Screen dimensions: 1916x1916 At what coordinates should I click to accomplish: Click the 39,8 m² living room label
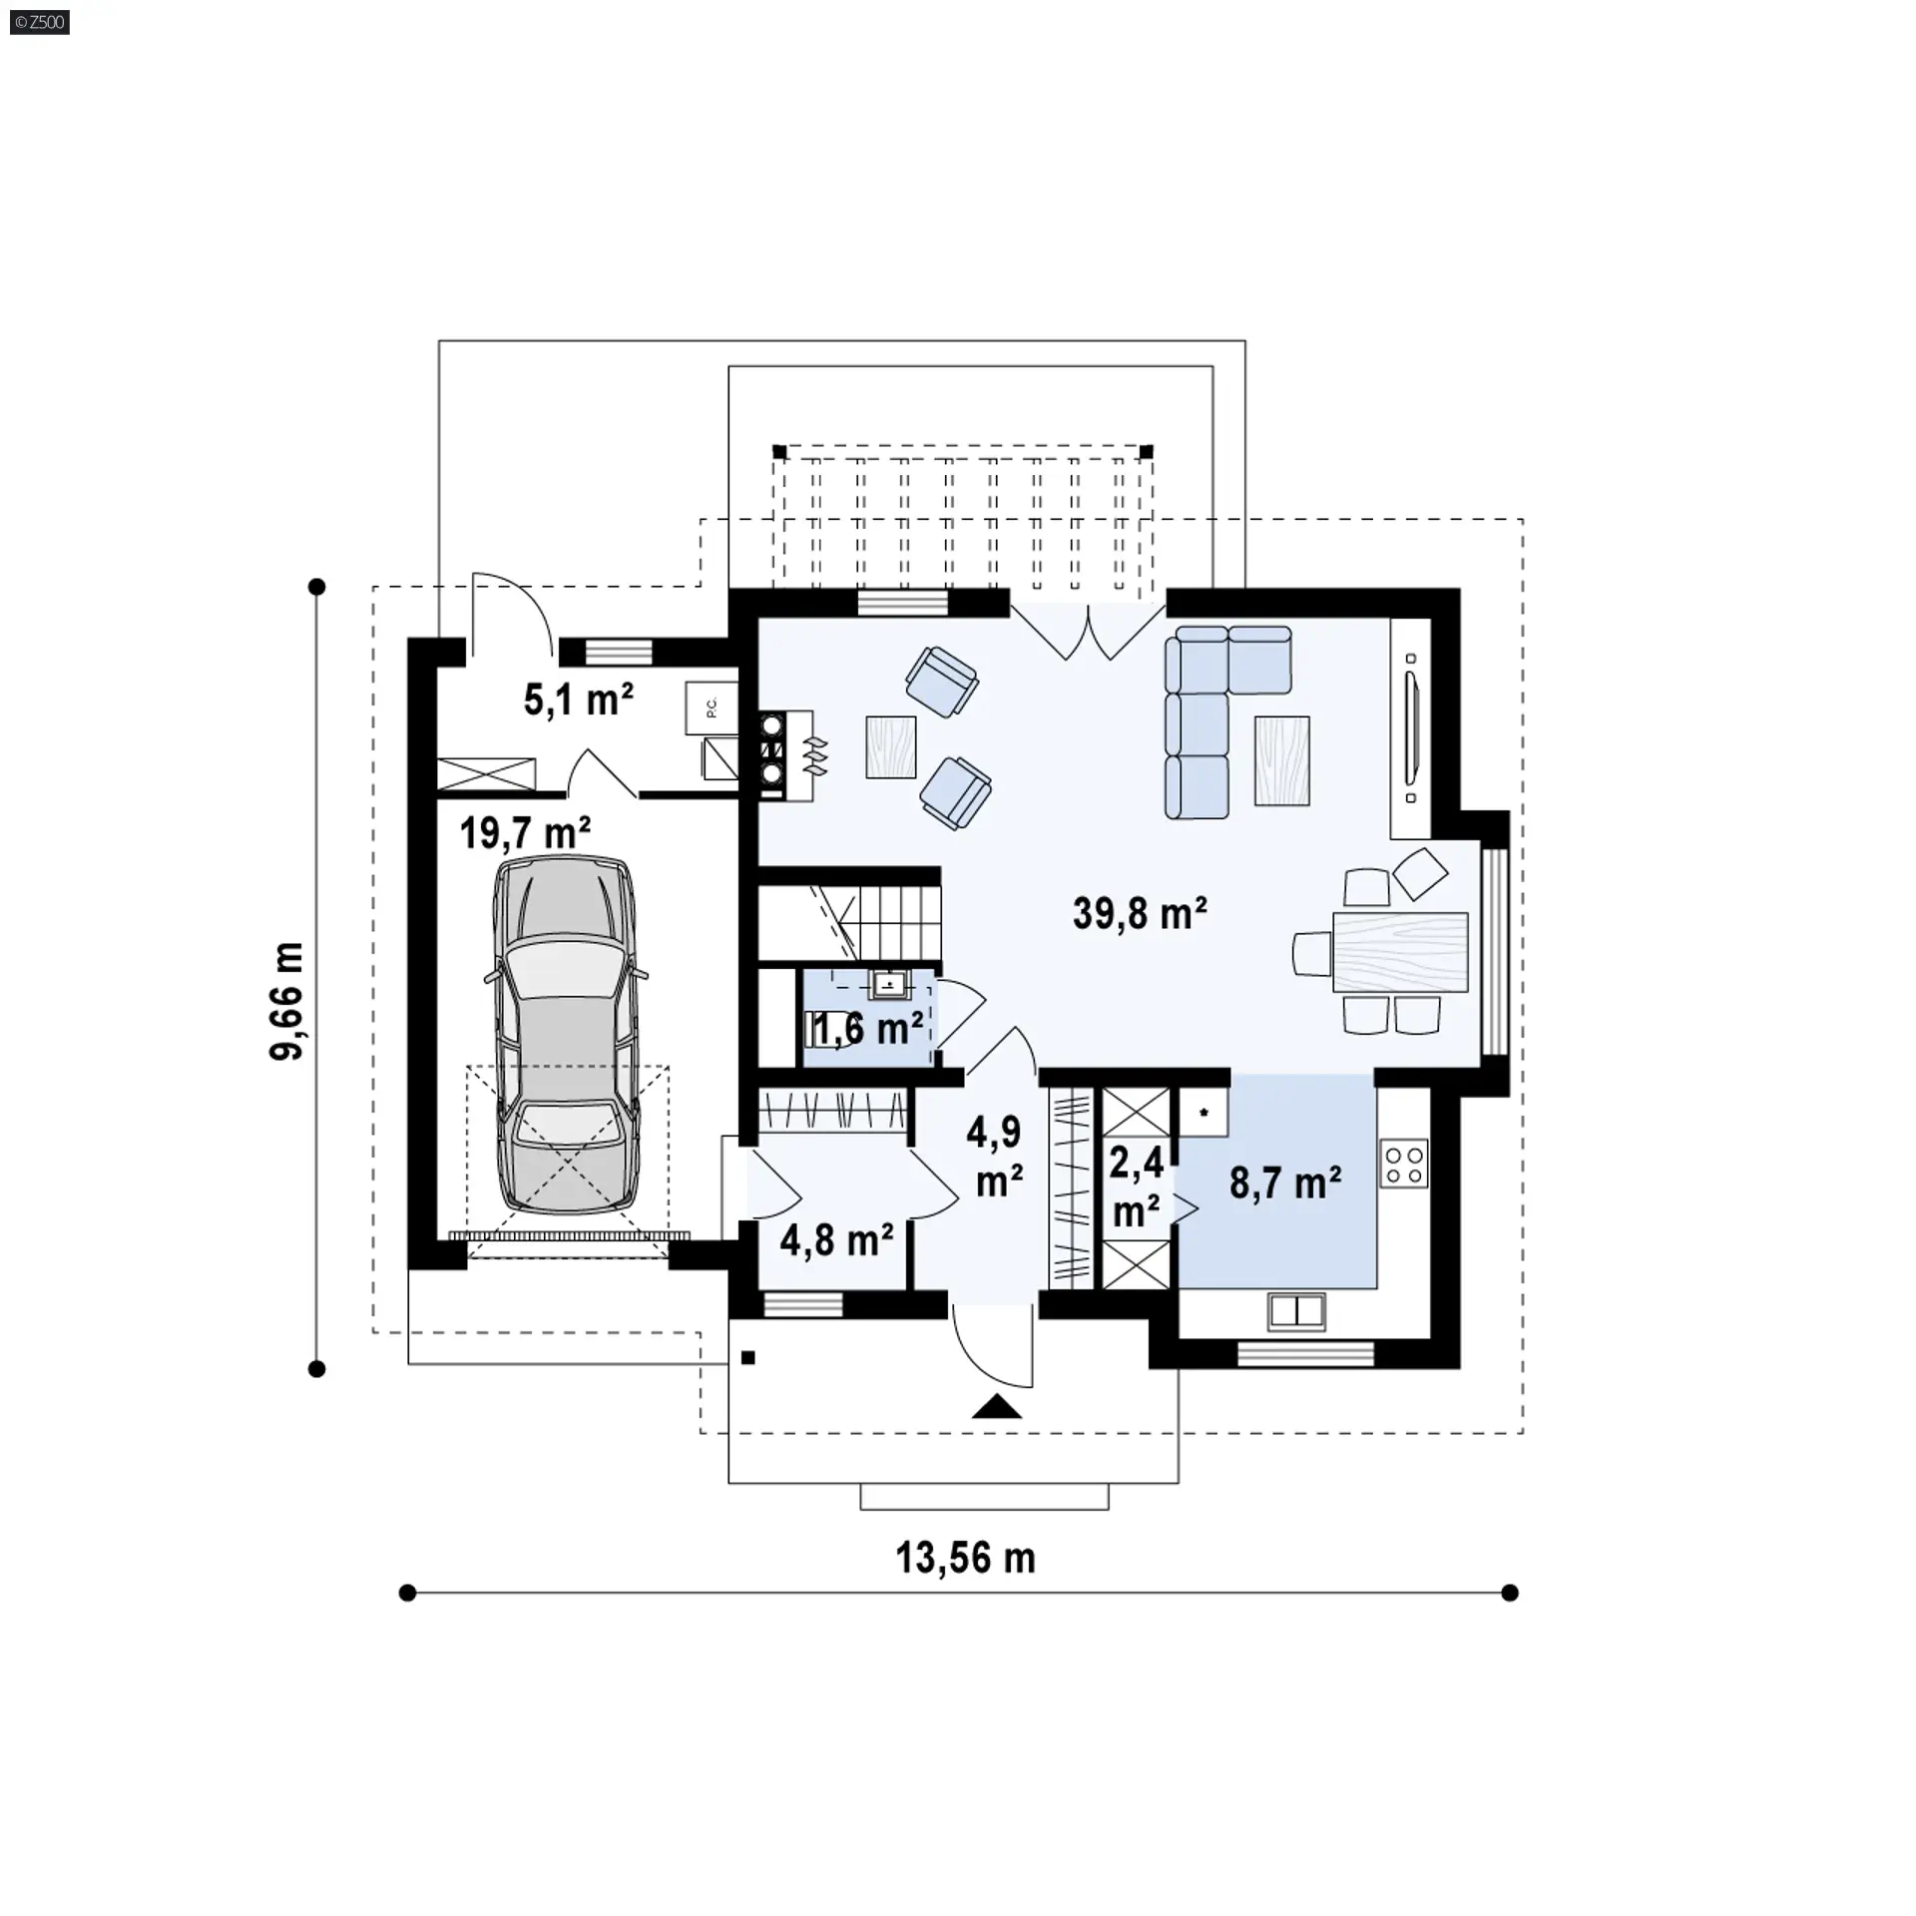coord(1140,913)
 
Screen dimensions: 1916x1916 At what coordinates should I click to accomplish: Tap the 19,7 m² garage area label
coord(525,831)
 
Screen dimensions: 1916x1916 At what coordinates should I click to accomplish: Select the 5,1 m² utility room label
coord(579,700)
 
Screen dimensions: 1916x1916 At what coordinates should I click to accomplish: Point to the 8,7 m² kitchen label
coord(1284,1184)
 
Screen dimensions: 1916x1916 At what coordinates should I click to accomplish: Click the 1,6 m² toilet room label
coord(864,1028)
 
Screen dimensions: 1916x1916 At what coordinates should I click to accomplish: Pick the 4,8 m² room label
coord(836,1240)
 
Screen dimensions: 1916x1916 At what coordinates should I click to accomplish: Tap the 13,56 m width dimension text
coord(965,1558)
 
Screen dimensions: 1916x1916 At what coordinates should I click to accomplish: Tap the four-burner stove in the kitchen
coord(1404,1165)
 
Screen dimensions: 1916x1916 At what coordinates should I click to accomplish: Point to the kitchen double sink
coord(1296,1311)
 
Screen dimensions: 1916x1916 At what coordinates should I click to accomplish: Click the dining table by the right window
coord(1400,952)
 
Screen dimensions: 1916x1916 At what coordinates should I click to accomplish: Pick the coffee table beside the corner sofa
coord(1282,760)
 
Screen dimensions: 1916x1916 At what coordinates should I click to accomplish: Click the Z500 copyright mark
coord(40,21)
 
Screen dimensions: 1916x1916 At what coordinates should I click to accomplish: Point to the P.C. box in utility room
coord(711,708)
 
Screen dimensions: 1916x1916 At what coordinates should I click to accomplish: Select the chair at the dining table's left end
coord(1313,953)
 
